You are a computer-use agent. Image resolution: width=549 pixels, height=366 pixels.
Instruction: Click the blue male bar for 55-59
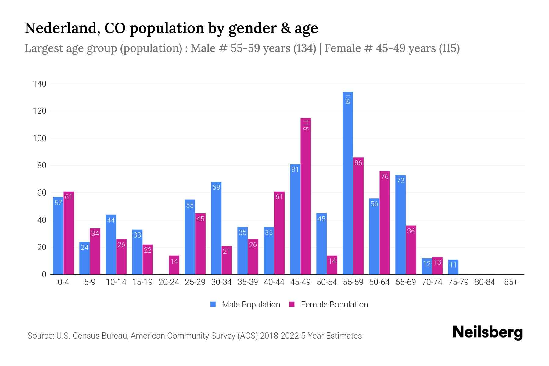click(348, 183)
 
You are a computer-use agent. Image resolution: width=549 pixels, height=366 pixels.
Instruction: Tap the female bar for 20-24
click(174, 265)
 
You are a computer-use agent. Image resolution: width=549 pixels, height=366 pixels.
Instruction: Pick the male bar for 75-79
click(453, 267)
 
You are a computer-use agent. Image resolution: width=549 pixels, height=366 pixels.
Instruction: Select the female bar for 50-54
click(332, 265)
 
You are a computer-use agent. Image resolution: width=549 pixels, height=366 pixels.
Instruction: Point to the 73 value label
click(400, 181)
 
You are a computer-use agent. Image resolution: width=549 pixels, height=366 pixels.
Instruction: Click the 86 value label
click(358, 163)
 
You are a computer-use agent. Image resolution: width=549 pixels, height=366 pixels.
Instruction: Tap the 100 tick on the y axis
click(40, 138)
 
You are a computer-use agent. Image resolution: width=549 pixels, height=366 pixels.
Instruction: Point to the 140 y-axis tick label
click(40, 84)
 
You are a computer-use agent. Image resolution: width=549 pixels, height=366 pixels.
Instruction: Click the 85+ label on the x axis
click(511, 282)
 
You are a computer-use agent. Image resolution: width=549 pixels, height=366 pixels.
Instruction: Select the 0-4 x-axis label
click(63, 282)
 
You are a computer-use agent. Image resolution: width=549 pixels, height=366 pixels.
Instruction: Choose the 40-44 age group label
click(274, 282)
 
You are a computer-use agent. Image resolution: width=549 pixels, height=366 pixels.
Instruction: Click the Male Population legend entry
click(251, 305)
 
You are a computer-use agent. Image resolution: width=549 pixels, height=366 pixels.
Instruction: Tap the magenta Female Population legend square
click(292, 304)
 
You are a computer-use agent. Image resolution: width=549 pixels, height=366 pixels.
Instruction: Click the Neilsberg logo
click(487, 332)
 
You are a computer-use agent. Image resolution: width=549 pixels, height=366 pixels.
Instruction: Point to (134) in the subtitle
click(305, 48)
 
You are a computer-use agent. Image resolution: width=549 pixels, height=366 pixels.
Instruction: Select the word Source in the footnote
click(40, 336)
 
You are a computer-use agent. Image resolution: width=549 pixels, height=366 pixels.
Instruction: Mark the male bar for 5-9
click(84, 258)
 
